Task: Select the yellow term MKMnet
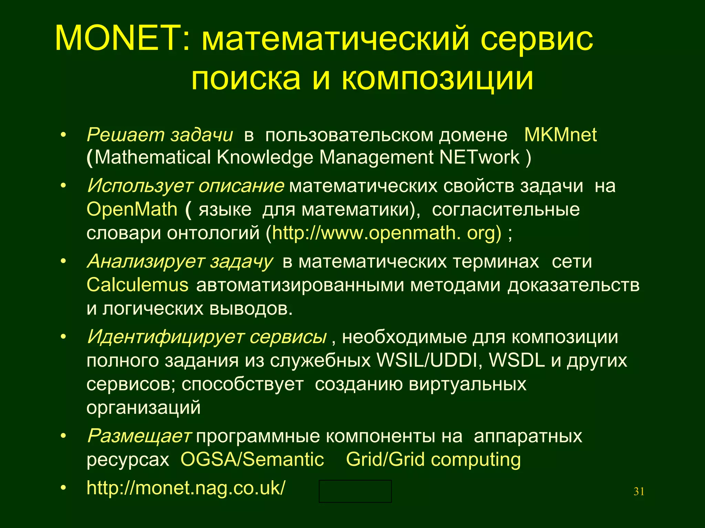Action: tap(560, 135)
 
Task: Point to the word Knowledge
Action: tap(265, 157)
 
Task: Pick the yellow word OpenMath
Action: tap(132, 209)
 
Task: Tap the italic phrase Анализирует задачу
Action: tap(180, 261)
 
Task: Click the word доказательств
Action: tap(574, 285)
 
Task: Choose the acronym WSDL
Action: tap(517, 360)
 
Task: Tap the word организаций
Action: tap(144, 408)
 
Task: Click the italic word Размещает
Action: tap(139, 436)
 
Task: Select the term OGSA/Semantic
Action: tap(252, 460)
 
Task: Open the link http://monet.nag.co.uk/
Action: tap(186, 488)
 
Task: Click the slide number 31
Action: tap(639, 492)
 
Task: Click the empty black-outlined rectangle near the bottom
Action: tap(355, 491)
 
